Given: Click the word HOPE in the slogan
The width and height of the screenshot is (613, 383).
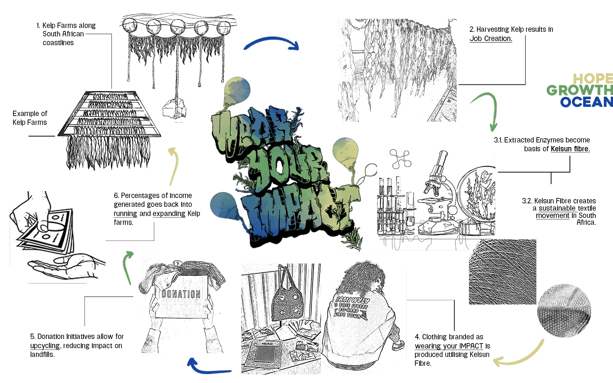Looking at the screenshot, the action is click(593, 79).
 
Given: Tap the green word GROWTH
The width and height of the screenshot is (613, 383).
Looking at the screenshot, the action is click(579, 90).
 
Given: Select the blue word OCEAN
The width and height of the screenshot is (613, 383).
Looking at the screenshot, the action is click(586, 102).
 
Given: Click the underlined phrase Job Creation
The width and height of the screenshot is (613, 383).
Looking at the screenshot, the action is click(491, 38).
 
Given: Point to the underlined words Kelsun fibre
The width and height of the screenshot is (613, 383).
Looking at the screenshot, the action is click(570, 149).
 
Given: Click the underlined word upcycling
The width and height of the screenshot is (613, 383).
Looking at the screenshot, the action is click(45, 346).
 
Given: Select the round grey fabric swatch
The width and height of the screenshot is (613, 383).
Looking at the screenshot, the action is click(564, 310).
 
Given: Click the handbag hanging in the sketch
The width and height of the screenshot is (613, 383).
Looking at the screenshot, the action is click(286, 299).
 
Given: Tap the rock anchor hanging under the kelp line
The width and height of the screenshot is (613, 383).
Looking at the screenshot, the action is click(174, 109).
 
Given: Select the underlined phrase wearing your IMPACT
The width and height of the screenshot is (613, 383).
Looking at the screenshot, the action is click(449, 346).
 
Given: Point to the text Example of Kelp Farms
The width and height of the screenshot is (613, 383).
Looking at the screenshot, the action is click(30, 118).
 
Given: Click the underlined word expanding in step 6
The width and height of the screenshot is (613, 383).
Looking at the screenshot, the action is click(169, 214).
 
